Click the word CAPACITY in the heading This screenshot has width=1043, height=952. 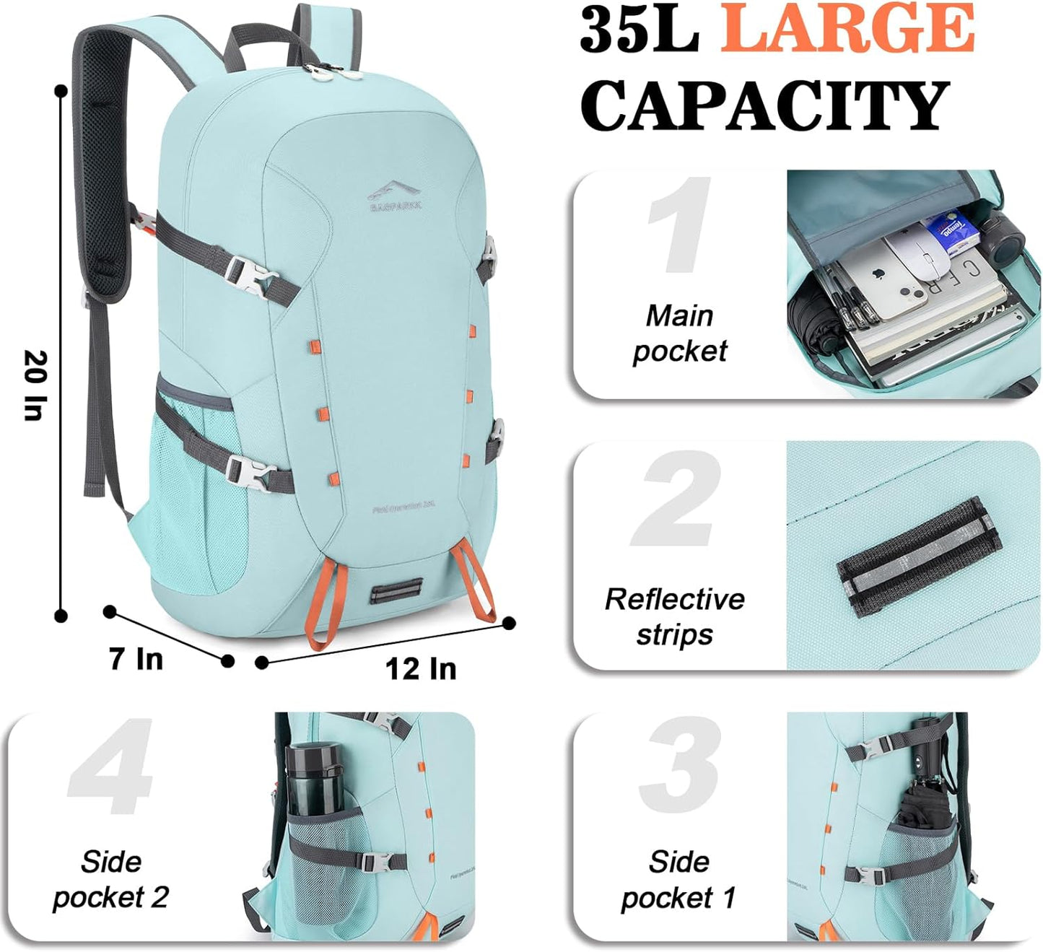coord(764,106)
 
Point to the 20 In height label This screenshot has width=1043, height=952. coord(35,385)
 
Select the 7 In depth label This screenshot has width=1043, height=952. coord(136,658)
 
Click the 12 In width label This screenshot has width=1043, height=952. coord(420,668)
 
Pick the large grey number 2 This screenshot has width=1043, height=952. coord(677,499)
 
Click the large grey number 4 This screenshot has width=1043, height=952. coord(112,767)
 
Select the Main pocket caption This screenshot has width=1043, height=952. coord(679,333)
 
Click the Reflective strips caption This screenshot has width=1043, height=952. coord(674,616)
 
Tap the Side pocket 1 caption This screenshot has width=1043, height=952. coord(678,880)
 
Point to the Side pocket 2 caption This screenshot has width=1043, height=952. coord(110,880)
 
